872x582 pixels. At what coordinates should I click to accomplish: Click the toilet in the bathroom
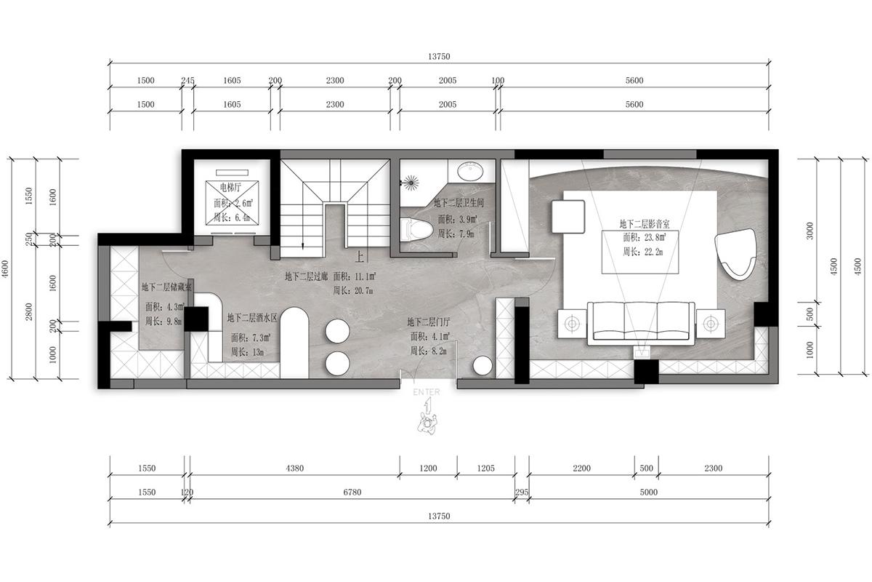tap(416, 229)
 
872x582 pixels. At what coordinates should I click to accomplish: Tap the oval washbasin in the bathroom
tap(470, 172)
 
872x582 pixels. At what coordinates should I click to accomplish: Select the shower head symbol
tap(411, 183)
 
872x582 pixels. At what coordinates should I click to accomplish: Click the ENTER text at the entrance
tap(427, 392)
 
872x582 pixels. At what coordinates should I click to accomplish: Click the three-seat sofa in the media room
tap(641, 323)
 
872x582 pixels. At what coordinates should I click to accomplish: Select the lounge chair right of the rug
tap(735, 254)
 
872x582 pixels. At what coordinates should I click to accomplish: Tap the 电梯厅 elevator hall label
tap(230, 188)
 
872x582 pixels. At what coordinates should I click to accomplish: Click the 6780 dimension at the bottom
tap(352, 493)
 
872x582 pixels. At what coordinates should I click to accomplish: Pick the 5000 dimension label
tap(648, 493)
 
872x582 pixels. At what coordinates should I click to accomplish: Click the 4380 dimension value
tap(295, 469)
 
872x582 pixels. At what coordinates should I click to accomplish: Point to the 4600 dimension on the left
tap(5, 269)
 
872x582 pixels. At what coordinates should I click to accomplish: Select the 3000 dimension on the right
tap(810, 231)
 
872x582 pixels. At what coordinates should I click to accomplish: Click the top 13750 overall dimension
tap(439, 57)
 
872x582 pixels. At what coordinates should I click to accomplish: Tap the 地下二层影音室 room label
tap(645, 224)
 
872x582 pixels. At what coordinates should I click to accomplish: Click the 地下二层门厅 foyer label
tap(429, 322)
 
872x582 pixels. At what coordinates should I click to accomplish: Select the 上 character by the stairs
tap(359, 257)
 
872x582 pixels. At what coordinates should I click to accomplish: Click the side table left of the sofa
tap(572, 324)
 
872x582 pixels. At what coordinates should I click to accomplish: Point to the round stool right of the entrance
tap(483, 366)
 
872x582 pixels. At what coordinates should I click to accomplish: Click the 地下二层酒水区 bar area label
tap(252, 318)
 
